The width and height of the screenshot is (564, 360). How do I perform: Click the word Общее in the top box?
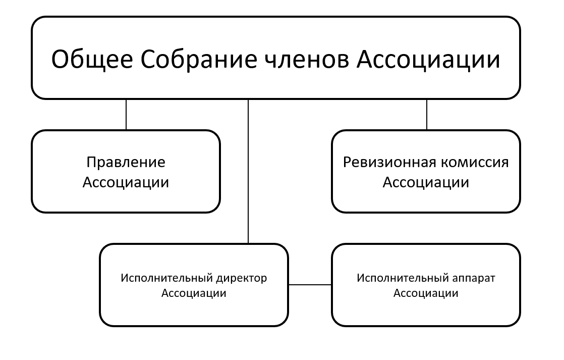point(92,60)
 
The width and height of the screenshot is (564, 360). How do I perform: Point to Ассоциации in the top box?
point(428,60)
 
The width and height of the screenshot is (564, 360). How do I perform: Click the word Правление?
point(126,162)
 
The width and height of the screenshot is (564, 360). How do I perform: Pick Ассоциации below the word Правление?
point(126,182)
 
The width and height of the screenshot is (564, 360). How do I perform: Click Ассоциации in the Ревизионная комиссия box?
point(426,182)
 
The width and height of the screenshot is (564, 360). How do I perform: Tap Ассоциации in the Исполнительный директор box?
point(194,293)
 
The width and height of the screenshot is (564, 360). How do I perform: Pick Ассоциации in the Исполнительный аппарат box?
point(426,293)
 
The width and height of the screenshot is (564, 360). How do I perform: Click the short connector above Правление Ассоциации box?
point(126,115)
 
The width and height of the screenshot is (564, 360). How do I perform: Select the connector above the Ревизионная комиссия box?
point(427,115)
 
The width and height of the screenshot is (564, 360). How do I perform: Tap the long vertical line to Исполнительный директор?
point(248,172)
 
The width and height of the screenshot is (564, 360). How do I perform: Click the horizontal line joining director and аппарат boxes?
point(310,285)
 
